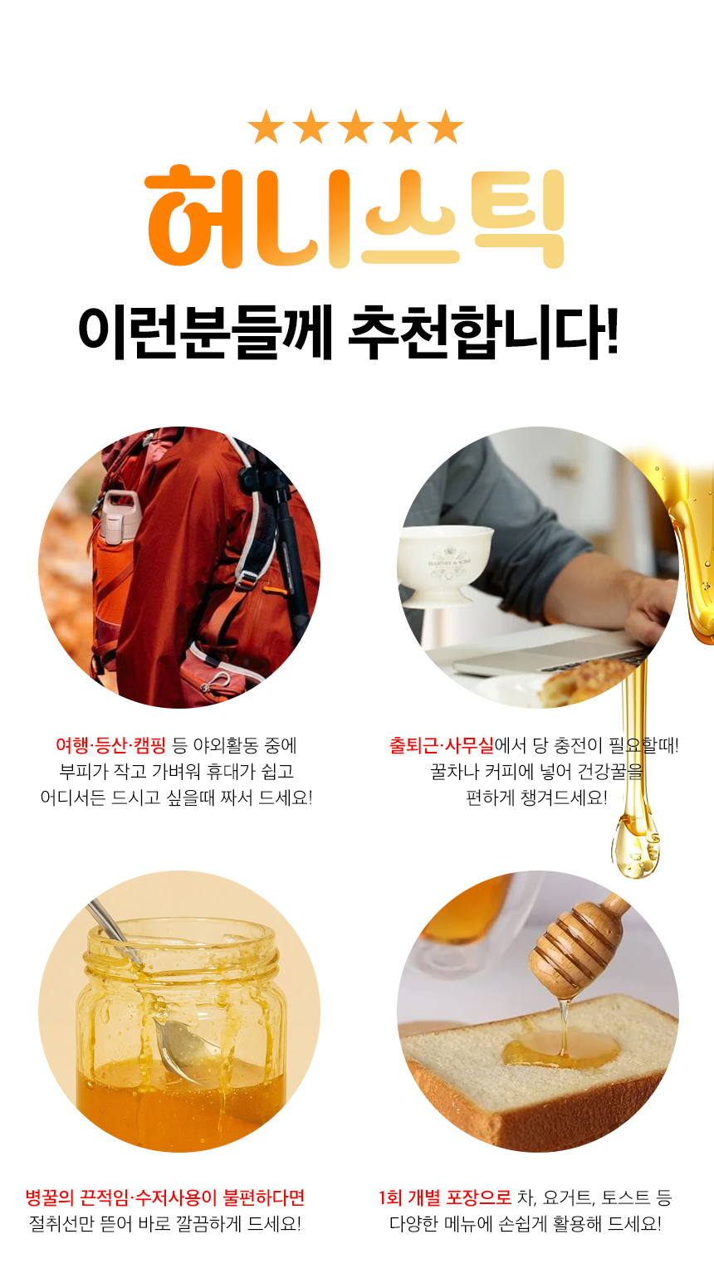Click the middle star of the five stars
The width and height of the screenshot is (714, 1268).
click(355, 126)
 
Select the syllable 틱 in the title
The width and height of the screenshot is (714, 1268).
click(518, 218)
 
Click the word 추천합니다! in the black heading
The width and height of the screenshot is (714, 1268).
click(483, 332)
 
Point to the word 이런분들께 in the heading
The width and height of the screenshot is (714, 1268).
click(204, 332)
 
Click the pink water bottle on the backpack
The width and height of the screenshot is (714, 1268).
click(119, 518)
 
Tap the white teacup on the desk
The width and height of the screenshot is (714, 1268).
click(445, 564)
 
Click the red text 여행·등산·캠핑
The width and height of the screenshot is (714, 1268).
click(110, 745)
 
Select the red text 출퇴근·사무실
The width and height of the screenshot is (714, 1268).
click(442, 745)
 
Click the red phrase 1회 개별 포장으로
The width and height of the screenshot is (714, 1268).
click(445, 1197)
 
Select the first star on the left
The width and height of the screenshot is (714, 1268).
click(267, 126)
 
